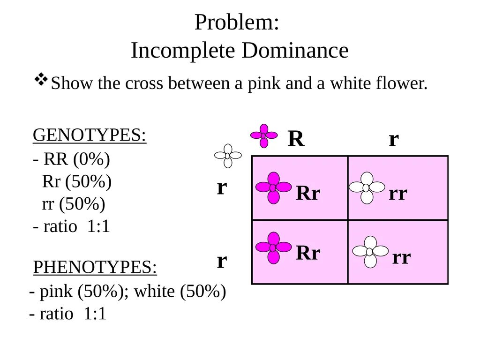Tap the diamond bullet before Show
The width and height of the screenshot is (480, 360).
(41, 80)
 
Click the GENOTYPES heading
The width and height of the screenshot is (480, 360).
(90, 135)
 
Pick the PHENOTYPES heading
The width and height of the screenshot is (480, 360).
(95, 267)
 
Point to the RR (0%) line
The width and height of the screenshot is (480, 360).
(71, 159)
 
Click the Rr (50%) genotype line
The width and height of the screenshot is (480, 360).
(76, 181)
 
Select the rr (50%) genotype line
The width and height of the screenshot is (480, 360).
(74, 204)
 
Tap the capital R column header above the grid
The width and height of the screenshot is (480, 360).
(296, 139)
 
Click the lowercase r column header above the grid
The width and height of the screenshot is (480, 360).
(394, 140)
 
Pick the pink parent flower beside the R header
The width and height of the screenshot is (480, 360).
(264, 135)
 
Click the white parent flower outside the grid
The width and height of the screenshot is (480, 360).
(228, 156)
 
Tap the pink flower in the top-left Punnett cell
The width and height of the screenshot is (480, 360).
(273, 187)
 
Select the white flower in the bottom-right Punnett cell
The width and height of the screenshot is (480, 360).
(370, 252)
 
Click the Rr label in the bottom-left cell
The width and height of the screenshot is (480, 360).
(308, 253)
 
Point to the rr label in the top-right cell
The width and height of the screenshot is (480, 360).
(398, 194)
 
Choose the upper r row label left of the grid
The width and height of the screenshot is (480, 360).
(222, 187)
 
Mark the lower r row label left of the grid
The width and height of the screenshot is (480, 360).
(222, 262)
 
